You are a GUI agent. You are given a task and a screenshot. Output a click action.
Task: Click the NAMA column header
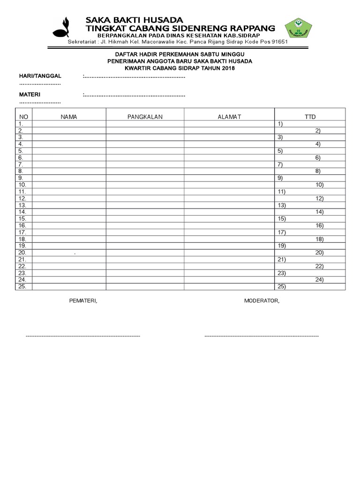[69, 117]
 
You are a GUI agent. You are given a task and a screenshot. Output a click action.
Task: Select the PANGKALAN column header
[145, 117]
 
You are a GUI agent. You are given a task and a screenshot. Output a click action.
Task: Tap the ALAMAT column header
[229, 117]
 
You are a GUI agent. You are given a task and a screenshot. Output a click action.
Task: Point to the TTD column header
[310, 117]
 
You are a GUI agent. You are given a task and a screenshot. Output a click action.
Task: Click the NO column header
[23, 117]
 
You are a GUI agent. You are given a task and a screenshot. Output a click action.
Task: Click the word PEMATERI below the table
[84, 300]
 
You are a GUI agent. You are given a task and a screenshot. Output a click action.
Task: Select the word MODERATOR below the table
[262, 300]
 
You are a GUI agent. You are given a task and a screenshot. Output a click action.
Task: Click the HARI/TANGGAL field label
[40, 76]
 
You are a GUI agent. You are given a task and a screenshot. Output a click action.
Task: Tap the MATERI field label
[30, 95]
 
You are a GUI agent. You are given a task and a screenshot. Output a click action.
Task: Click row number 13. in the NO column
[22, 205]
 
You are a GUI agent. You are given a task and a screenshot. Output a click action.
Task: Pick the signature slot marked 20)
[319, 253]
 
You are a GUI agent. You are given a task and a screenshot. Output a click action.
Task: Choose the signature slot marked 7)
[280, 165]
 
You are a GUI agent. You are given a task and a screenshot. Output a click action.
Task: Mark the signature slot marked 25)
[282, 286]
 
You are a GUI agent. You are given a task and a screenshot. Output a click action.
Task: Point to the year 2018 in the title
[228, 68]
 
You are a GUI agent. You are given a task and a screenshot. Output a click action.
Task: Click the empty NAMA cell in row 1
[69, 124]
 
